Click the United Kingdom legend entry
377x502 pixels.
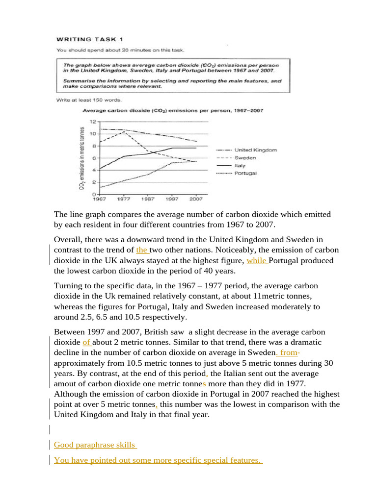256,150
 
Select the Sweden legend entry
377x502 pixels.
245,158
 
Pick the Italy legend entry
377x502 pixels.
240,166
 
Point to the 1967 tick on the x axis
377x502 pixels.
100,200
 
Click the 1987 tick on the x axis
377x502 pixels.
148,200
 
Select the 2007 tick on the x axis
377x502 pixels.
196,200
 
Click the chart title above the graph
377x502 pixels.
173,111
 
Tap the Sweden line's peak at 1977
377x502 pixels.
124,131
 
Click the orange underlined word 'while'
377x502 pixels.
257,261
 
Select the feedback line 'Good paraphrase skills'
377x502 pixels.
95,445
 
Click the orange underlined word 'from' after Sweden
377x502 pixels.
288,353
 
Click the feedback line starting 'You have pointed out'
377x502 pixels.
157,460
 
